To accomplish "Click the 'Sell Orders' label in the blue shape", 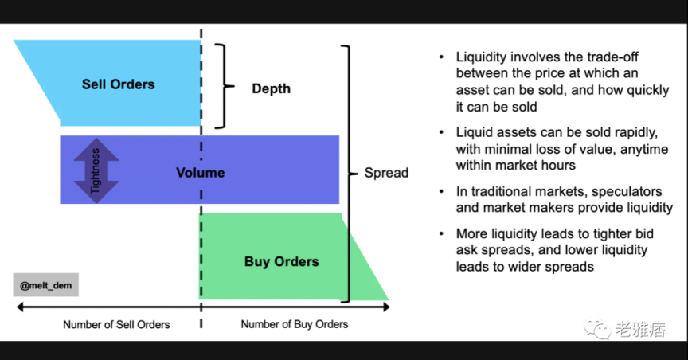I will click(118, 84).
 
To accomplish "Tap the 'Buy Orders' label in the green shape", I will click(281, 261).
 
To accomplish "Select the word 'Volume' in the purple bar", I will click(200, 172).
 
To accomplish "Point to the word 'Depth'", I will click(271, 88).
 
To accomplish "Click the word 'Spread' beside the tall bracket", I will click(386, 172).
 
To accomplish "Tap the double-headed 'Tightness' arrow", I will click(96, 170).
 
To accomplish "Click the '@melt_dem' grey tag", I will click(45, 284).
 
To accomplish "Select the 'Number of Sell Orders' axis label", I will click(116, 324).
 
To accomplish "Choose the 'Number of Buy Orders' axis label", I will click(294, 324).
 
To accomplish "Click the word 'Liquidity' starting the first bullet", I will click(483, 57).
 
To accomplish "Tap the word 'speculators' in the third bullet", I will click(628, 192).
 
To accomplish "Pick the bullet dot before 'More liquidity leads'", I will click(442, 234).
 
